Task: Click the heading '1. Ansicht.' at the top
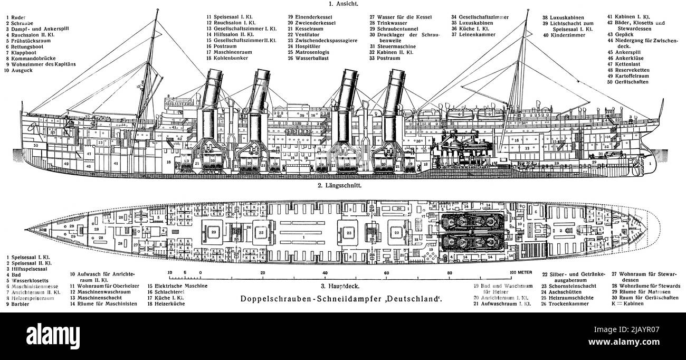point(343,4)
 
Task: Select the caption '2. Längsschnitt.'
point(342,186)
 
